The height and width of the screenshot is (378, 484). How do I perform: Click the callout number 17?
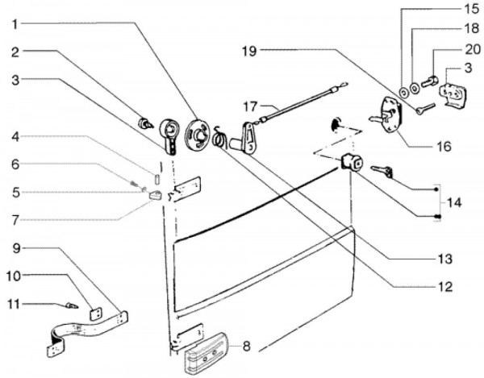pos(250,106)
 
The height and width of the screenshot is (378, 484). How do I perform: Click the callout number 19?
pos(248,50)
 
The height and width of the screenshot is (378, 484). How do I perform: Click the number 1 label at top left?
pos(15,24)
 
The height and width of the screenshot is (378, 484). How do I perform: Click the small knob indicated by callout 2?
pos(147,123)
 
